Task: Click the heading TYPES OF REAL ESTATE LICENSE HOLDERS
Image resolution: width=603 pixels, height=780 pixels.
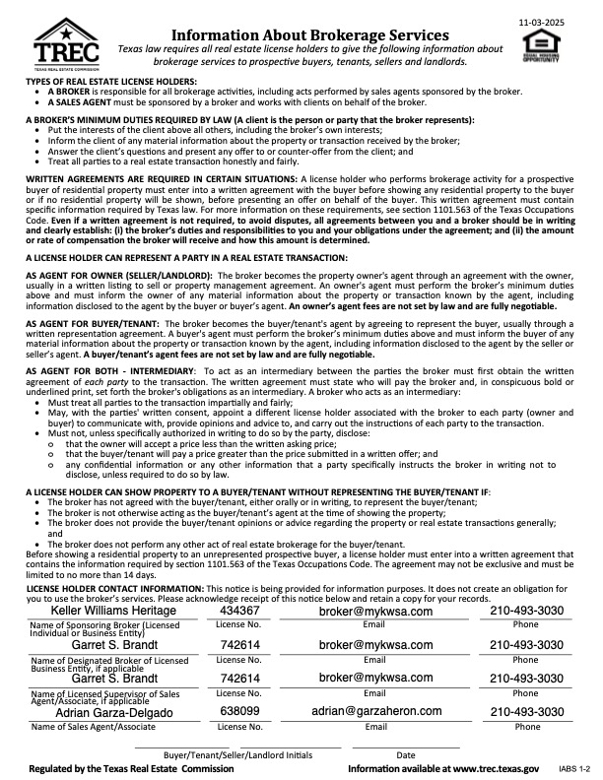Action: point(111,81)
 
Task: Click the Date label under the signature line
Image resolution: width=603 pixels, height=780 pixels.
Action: point(406,755)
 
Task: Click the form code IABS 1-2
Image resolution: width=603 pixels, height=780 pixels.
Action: point(572,767)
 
